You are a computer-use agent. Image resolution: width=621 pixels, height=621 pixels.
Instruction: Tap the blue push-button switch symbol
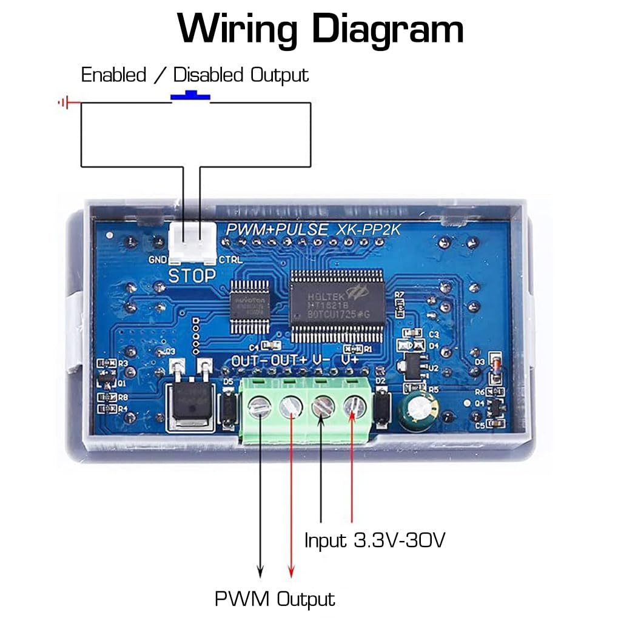pos(190,95)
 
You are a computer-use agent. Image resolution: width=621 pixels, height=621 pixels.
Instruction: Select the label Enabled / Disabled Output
pos(195,75)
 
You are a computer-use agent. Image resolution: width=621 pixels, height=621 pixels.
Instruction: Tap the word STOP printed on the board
pos(192,276)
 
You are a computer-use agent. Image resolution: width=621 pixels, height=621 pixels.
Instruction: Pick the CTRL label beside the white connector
pos(230,260)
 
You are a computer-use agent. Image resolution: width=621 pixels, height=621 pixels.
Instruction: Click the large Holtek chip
pos(337,305)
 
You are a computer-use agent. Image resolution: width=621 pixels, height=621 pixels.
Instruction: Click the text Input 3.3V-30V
pos(375,540)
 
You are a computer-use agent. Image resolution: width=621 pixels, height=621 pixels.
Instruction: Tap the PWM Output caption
pos(275,599)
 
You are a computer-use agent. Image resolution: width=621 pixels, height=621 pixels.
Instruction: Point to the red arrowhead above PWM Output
pos(291,571)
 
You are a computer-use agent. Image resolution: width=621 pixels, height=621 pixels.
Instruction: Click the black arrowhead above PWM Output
pos(260,571)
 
